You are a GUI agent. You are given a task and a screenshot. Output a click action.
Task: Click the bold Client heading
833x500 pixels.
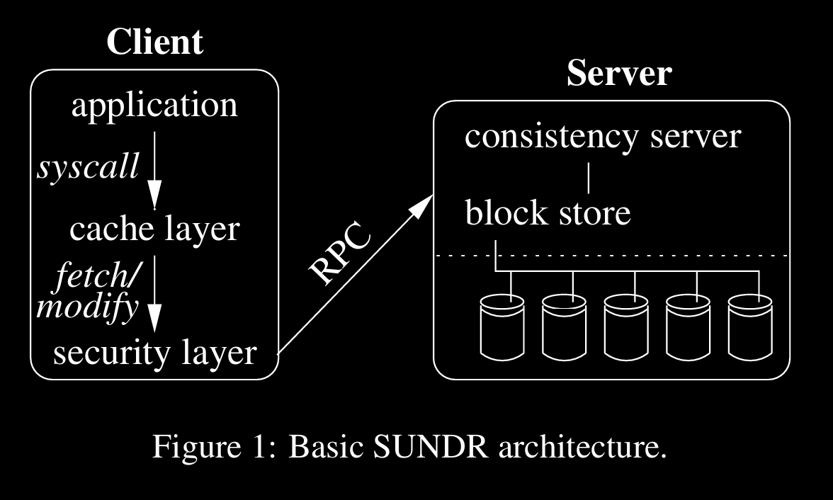(154, 42)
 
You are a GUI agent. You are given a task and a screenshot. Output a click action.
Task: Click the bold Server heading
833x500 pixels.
(619, 73)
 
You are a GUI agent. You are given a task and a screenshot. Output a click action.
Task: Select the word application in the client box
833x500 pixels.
(154, 106)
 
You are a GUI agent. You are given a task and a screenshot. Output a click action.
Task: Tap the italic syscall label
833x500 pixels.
(88, 168)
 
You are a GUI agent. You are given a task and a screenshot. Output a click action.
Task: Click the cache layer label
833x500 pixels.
(154, 229)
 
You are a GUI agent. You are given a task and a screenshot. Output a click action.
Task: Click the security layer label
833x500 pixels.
(154, 352)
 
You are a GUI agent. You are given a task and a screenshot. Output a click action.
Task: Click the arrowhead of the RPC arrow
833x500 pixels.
(423, 204)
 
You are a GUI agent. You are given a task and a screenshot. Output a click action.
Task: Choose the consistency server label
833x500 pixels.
(602, 136)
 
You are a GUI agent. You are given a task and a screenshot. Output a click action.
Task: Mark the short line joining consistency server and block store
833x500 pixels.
(589, 177)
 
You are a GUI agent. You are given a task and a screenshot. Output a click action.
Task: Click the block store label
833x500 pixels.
(548, 212)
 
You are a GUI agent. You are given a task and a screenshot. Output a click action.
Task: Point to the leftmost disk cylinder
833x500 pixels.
(502, 326)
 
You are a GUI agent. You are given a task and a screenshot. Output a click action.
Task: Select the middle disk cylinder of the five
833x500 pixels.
(626, 326)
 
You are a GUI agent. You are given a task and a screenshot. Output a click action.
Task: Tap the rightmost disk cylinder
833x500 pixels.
(751, 326)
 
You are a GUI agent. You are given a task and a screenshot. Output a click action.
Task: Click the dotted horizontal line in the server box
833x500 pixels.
(637, 255)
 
